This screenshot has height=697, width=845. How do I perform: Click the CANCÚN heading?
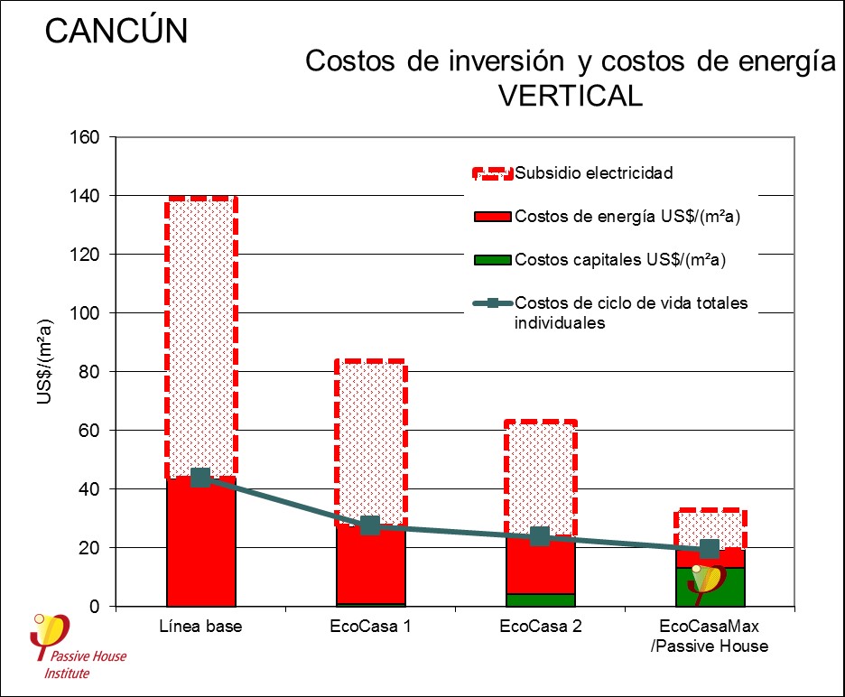[x=116, y=31]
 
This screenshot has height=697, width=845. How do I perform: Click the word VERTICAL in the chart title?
[x=571, y=95]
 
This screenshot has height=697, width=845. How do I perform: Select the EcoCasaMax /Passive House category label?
[x=710, y=636]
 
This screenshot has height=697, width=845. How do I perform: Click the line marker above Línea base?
[x=200, y=478]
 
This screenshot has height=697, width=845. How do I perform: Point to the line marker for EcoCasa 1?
[x=370, y=525]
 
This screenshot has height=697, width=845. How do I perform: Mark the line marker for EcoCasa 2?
[x=540, y=536]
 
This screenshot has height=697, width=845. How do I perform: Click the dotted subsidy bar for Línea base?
[x=200, y=334]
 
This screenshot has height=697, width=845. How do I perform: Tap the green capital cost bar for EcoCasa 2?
[x=540, y=599]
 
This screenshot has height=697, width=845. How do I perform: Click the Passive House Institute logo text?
[x=85, y=664]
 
